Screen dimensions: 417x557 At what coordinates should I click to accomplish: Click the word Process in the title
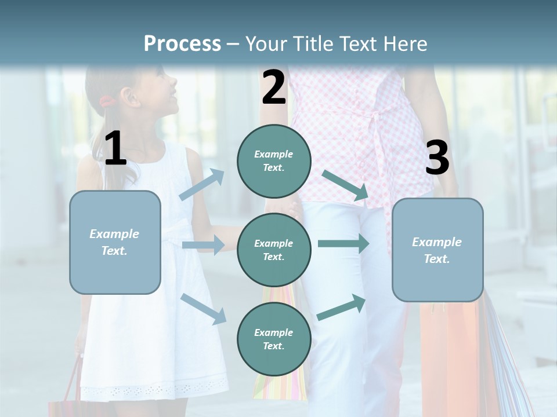coord(182,43)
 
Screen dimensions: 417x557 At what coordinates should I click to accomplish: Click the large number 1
coord(115,149)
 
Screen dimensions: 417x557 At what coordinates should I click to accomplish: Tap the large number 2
coord(274,87)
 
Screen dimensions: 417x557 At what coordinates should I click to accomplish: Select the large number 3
coord(437,158)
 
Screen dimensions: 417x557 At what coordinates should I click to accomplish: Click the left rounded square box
coord(115,242)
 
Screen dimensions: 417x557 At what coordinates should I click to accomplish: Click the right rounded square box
coord(437,250)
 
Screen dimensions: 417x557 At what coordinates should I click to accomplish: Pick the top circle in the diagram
coord(274,161)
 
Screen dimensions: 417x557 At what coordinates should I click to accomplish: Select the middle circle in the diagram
coord(274,250)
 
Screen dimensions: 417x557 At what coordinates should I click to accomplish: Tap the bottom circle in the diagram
coord(274,339)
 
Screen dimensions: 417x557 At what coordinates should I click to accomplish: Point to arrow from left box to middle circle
coord(203,245)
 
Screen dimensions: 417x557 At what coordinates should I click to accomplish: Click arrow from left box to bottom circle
coord(204,308)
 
